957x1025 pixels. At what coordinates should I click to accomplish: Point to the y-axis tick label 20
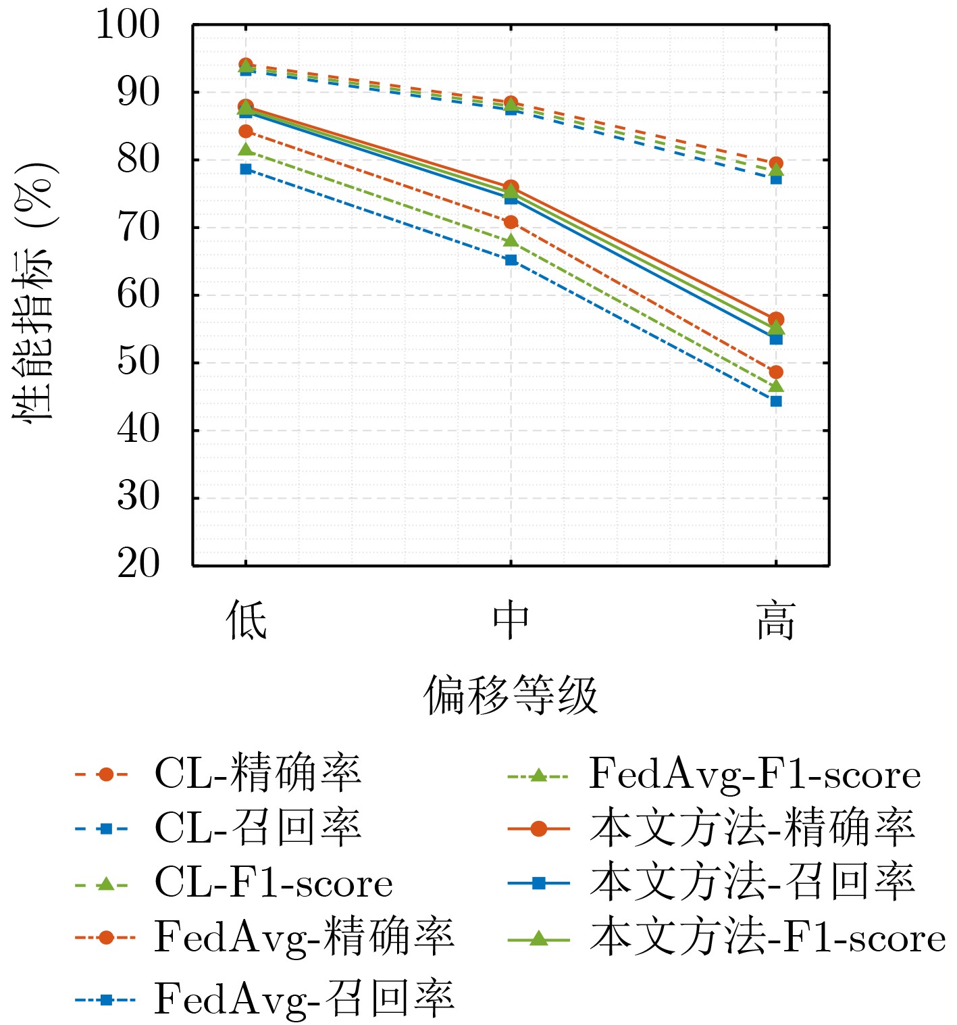(x=138, y=564)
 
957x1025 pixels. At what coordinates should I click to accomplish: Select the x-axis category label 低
(x=246, y=620)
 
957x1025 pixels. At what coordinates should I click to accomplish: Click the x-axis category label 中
(x=511, y=620)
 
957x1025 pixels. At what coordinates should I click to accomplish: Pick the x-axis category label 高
(x=776, y=620)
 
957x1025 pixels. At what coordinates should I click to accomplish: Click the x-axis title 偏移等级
(x=511, y=695)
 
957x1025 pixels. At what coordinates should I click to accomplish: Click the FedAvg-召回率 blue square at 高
(x=776, y=401)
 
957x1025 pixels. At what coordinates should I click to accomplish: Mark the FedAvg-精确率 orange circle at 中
(x=511, y=222)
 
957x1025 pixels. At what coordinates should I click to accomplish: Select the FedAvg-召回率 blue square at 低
(x=246, y=169)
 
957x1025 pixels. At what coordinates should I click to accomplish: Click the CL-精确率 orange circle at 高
(x=776, y=164)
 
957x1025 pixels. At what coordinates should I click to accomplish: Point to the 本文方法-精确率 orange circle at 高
(x=776, y=319)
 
